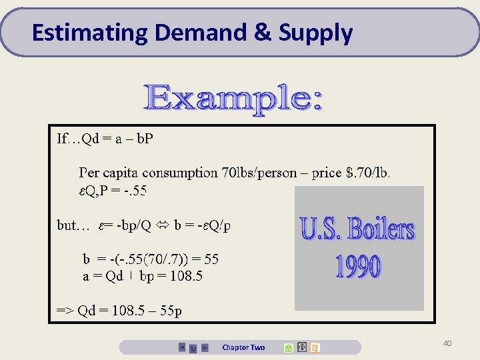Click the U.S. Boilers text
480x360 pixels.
(357, 229)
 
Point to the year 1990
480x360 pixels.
(357, 267)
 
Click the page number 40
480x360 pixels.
(447, 343)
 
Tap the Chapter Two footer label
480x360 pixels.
(243, 347)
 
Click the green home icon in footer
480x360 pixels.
(288, 347)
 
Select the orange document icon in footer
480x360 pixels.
(315, 347)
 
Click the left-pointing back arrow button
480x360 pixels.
(182, 347)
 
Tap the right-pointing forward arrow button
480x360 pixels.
(205, 347)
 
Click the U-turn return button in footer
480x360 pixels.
(193, 348)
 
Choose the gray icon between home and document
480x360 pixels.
(302, 347)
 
